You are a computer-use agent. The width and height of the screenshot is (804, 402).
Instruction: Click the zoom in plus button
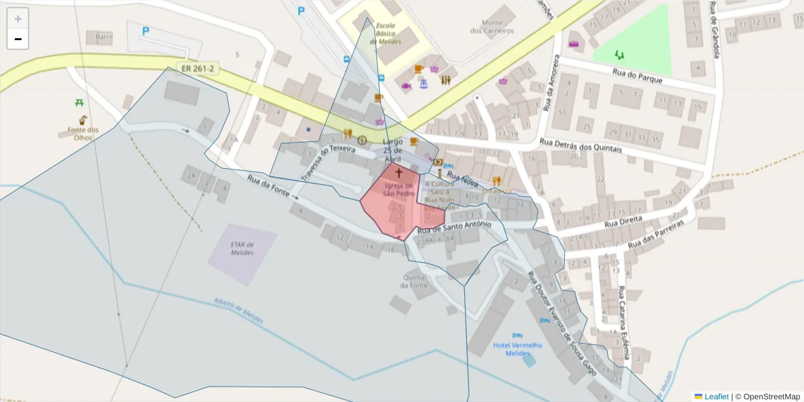(x=18, y=19)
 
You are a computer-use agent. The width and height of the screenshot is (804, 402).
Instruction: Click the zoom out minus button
(x=18, y=40)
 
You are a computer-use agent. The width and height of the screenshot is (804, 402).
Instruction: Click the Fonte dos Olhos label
(x=83, y=133)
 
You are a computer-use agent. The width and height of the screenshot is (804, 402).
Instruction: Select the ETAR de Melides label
(x=242, y=249)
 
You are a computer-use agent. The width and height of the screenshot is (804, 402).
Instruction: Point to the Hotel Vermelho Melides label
(x=517, y=348)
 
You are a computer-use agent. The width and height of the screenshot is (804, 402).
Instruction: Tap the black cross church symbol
(x=399, y=173)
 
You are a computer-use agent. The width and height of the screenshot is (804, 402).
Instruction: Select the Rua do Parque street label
(x=637, y=75)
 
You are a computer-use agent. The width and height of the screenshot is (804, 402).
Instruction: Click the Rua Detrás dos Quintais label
(x=580, y=145)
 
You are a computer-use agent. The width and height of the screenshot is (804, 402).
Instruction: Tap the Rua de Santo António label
(x=458, y=228)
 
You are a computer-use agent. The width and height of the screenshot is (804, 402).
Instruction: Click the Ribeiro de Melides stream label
(x=239, y=311)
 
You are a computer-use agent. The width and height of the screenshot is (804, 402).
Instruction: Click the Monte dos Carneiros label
(x=492, y=27)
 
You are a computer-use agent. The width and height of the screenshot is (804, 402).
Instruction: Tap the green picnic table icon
(x=80, y=103)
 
